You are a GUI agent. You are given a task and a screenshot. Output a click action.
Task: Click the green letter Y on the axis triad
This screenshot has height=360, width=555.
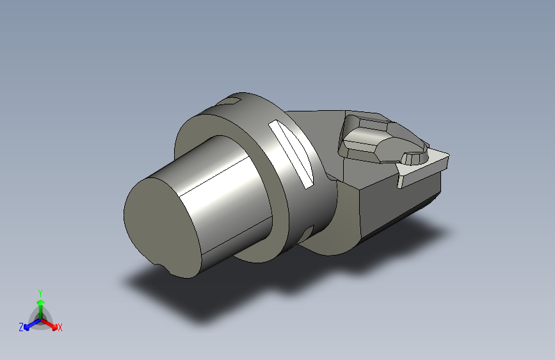40,293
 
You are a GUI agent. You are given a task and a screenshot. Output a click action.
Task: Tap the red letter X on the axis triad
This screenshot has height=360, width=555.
60,327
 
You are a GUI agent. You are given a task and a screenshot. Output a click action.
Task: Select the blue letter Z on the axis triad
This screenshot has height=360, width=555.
21,327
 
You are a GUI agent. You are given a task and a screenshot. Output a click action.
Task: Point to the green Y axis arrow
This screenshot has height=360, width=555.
41,309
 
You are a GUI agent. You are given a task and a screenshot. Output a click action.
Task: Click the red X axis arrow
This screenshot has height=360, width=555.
49,324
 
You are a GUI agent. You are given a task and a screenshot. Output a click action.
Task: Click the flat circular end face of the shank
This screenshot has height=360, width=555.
161,227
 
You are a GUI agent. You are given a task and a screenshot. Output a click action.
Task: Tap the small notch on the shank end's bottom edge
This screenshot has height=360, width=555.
163,266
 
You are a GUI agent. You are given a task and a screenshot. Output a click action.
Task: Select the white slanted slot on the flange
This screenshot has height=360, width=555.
291,154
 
